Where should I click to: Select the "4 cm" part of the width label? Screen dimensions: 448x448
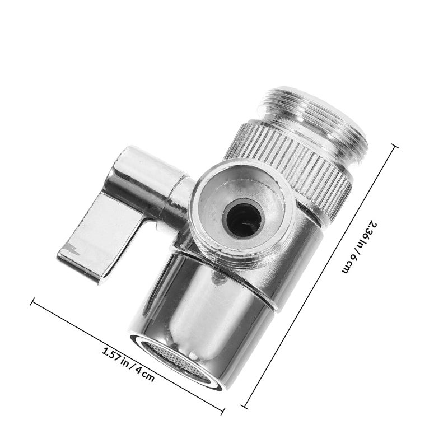coord(145,375)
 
